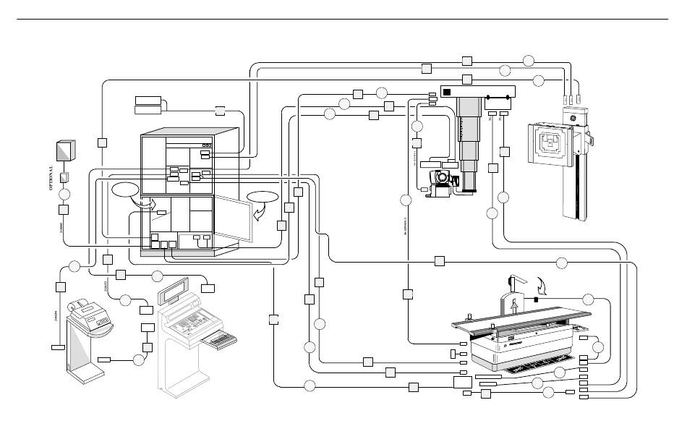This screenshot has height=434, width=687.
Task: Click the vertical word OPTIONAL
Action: click(x=51, y=178)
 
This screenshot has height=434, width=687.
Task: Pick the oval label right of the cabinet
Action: click(x=262, y=197)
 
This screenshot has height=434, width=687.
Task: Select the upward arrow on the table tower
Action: click(x=514, y=305)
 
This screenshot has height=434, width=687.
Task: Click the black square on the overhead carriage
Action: click(x=447, y=92)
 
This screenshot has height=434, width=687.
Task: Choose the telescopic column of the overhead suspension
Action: click(x=474, y=137)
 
